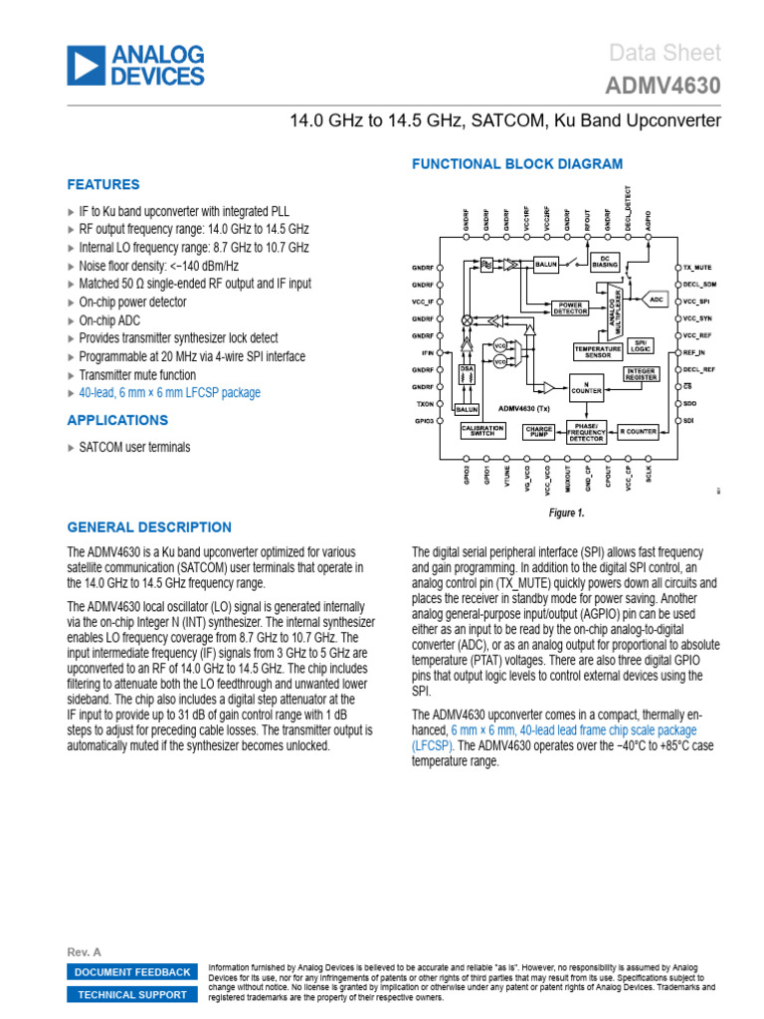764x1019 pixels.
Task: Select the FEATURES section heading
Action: pyautogui.click(x=102, y=184)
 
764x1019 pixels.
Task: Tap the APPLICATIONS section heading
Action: pyautogui.click(x=117, y=420)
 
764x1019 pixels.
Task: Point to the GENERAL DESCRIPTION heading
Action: pyautogui.click(x=148, y=527)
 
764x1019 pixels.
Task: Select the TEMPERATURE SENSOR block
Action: pyautogui.click(x=597, y=350)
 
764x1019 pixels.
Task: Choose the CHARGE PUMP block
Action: pyautogui.click(x=538, y=431)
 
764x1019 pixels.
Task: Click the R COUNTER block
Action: pyautogui.click(x=638, y=431)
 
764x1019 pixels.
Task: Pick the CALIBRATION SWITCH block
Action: pyautogui.click(x=484, y=431)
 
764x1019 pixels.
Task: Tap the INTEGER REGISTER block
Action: pyautogui.click(x=643, y=373)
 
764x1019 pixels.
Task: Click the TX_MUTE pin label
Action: pyautogui.click(x=697, y=269)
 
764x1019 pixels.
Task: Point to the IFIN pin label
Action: pyautogui.click(x=428, y=353)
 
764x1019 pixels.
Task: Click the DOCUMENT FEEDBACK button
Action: pyautogui.click(x=132, y=972)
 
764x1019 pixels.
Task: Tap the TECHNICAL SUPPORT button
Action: pyautogui.click(x=132, y=995)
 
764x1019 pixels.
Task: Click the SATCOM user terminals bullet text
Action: pyautogui.click(x=134, y=447)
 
